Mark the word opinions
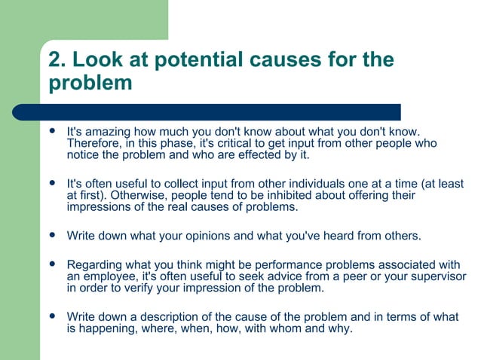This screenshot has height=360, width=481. coord(196,236)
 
